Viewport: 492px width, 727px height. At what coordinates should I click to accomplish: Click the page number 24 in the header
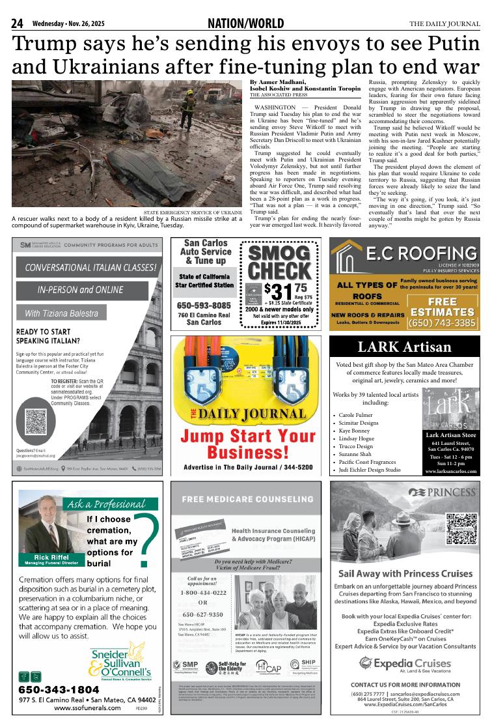[x=18, y=24]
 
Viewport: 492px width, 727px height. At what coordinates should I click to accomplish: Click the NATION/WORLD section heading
[x=245, y=24]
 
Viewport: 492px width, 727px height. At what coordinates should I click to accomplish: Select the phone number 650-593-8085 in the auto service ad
[x=204, y=305]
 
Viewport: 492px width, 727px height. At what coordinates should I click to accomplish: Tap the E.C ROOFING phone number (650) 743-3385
[x=442, y=322]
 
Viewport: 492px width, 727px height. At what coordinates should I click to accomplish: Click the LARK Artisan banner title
[x=404, y=347]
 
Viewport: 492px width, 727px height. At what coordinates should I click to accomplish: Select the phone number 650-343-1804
[x=59, y=689]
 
